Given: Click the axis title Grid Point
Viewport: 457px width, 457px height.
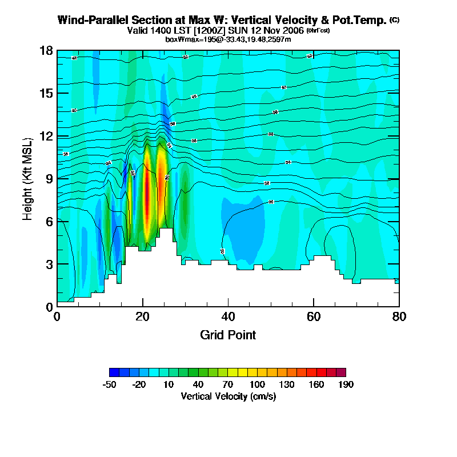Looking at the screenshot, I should point(228,335).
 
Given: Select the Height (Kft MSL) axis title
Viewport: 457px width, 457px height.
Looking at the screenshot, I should point(28,178).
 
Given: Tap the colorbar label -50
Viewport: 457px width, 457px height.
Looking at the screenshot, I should point(109,384).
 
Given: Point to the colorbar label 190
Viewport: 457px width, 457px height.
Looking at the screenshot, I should point(346,384).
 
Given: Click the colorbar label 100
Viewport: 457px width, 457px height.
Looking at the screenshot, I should point(257,384).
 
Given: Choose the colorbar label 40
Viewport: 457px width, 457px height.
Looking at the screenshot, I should point(198,384).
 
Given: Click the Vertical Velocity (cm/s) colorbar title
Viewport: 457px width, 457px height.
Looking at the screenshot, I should point(228,396).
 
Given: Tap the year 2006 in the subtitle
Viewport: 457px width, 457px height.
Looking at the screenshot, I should point(291,31).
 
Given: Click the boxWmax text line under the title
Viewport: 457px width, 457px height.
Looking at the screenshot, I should point(228,39).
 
